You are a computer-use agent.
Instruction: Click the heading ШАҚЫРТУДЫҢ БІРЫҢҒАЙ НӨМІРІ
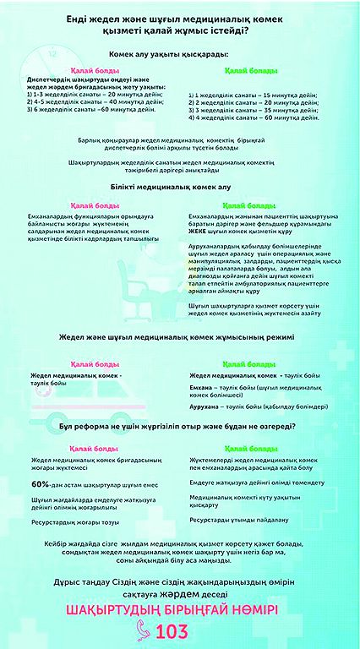[x=179, y=608]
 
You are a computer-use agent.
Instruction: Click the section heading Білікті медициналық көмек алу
[x=179, y=185]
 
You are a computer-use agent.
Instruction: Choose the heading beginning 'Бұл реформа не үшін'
[x=179, y=428]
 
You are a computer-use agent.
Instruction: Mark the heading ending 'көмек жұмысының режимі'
[x=179, y=339]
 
